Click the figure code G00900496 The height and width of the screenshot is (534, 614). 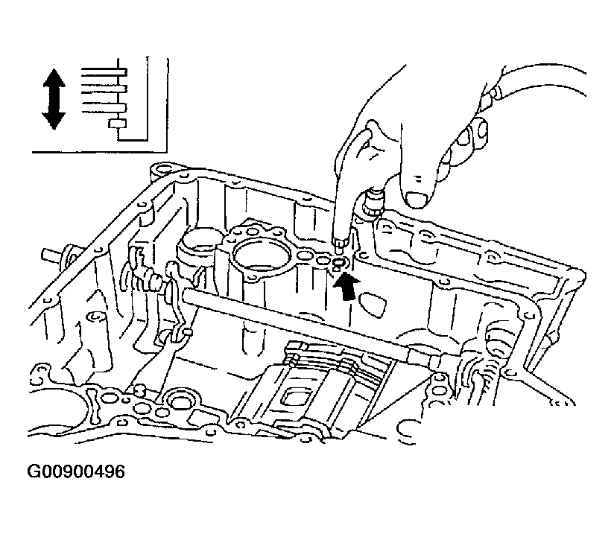[x=76, y=471]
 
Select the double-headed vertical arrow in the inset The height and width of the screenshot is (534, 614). [x=54, y=99]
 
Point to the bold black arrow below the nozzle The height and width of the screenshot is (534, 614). [x=346, y=287]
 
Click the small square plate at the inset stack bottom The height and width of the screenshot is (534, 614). [x=118, y=124]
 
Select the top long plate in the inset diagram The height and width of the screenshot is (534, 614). [x=104, y=72]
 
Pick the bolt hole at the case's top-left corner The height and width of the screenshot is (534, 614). [x=162, y=169]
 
